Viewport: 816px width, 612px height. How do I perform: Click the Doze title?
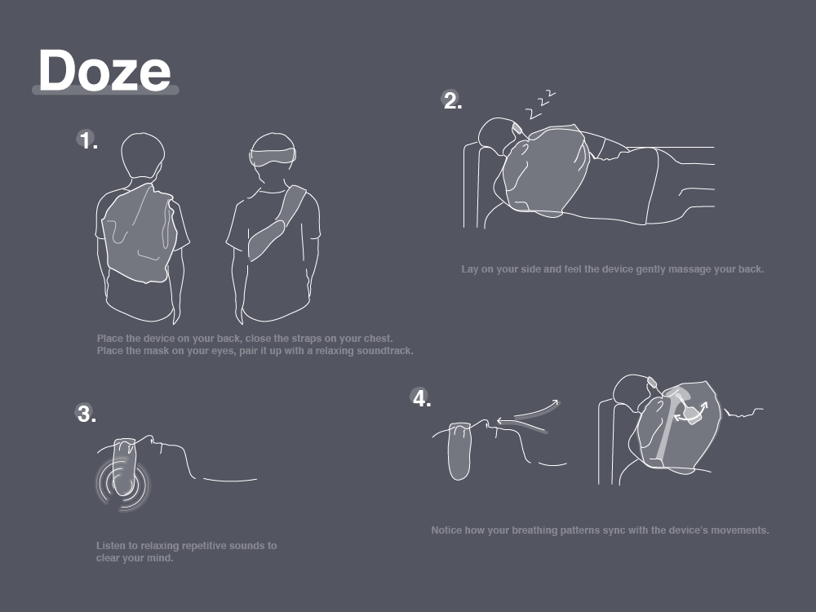pyautogui.click(x=104, y=70)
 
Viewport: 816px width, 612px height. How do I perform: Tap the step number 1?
pyautogui.click(x=87, y=140)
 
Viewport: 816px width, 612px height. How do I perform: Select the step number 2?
pyautogui.click(x=452, y=100)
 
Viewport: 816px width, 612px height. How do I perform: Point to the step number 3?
pyautogui.click(x=86, y=414)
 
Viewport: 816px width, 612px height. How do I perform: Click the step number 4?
pyautogui.click(x=422, y=399)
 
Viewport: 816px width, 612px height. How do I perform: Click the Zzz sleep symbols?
pyautogui.click(x=540, y=104)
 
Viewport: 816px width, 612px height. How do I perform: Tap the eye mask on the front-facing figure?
pyautogui.click(x=273, y=156)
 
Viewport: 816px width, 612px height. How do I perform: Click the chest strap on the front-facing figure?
pyautogui.click(x=277, y=223)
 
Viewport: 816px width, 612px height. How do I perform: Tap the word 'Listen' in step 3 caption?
pyautogui.click(x=111, y=545)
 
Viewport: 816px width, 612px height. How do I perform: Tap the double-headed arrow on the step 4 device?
pyautogui.click(x=691, y=411)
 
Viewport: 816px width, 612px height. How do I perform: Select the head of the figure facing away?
pyautogui.click(x=143, y=155)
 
